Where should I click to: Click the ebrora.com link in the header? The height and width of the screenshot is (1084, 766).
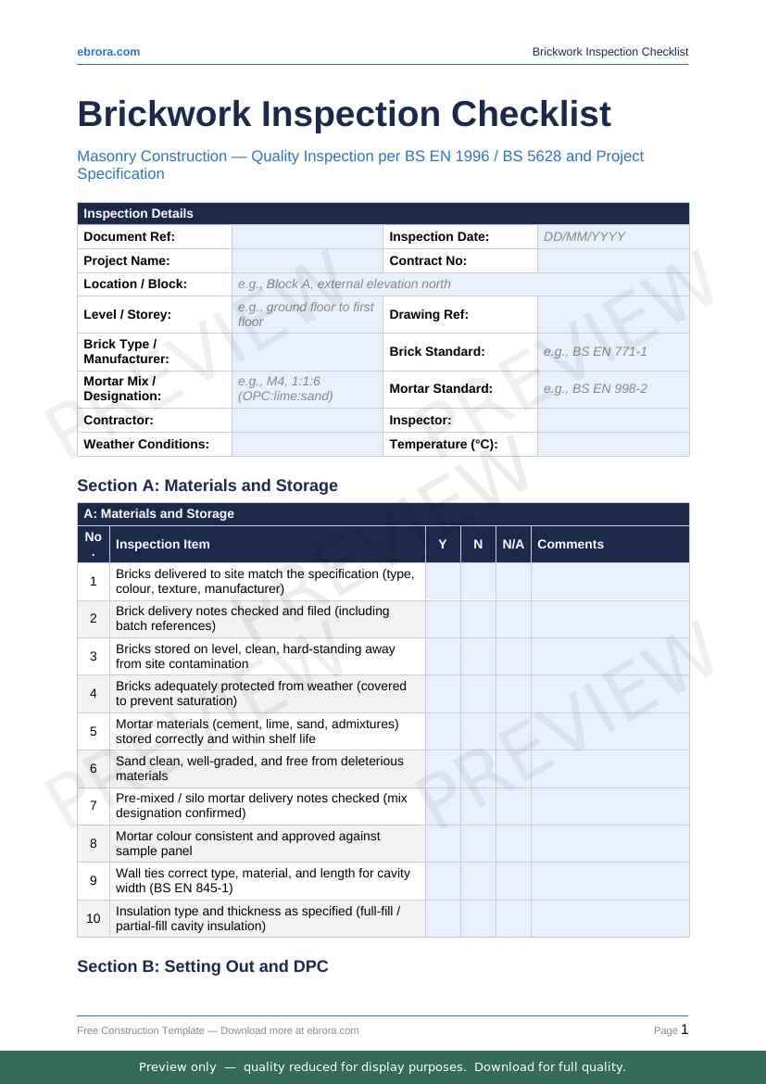tap(108, 52)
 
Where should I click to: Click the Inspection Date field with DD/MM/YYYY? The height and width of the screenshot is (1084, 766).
tap(613, 237)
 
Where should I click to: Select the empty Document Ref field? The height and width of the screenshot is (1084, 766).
tap(307, 237)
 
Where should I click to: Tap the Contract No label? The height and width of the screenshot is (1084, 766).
tap(428, 261)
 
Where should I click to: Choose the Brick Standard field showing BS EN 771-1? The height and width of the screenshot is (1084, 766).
tap(613, 352)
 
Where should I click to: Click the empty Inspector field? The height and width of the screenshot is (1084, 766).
tap(613, 421)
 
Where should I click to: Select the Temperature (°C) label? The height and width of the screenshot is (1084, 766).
tap(444, 445)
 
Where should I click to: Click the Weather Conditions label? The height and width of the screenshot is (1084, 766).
tap(146, 445)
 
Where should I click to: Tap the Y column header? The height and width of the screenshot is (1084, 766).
tap(443, 545)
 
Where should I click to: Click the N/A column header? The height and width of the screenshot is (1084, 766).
tap(513, 545)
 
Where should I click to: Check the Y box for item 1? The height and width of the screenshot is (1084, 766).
tap(443, 582)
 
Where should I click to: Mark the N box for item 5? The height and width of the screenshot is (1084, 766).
tap(478, 732)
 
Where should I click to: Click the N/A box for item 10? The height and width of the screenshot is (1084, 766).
tap(513, 918)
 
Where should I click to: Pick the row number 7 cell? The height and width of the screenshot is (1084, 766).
tap(94, 806)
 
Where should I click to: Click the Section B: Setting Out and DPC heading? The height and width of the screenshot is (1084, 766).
tap(203, 966)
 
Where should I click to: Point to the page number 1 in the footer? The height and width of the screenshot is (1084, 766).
tap(684, 1029)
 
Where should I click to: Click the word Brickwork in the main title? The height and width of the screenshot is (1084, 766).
tap(165, 114)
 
